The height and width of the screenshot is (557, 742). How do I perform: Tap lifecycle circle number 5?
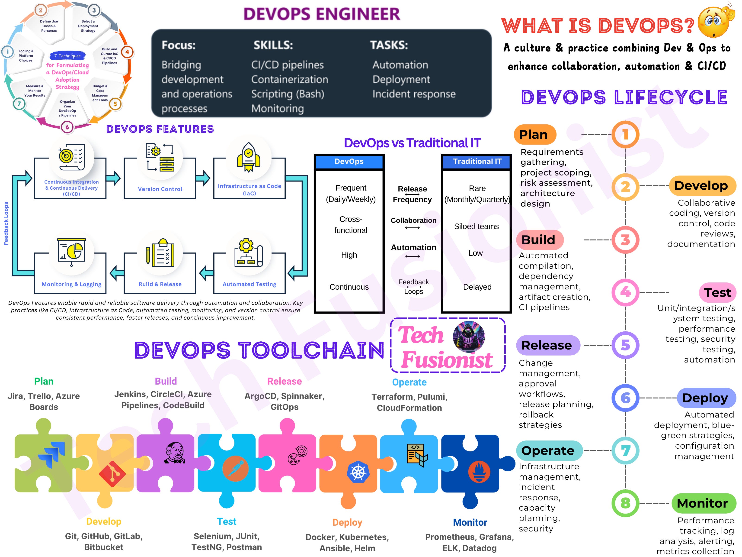click(625, 345)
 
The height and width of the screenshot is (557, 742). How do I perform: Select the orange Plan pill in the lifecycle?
click(535, 135)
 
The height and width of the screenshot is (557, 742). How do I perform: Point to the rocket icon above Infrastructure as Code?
click(249, 157)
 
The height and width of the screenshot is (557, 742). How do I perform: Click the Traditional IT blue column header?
click(477, 162)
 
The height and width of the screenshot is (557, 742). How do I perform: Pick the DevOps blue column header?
click(349, 162)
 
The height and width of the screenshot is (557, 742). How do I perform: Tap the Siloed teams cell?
click(476, 227)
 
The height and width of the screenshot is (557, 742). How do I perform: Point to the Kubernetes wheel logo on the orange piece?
click(358, 472)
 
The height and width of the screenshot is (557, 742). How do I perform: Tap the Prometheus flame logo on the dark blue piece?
click(479, 472)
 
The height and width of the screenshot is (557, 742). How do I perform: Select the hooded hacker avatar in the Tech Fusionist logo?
click(469, 337)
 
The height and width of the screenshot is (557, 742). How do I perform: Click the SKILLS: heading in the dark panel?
click(273, 45)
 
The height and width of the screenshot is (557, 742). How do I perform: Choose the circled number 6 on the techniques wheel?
click(67, 127)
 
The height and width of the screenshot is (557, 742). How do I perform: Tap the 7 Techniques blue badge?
click(67, 56)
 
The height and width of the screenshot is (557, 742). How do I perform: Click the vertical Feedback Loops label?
click(6, 223)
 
